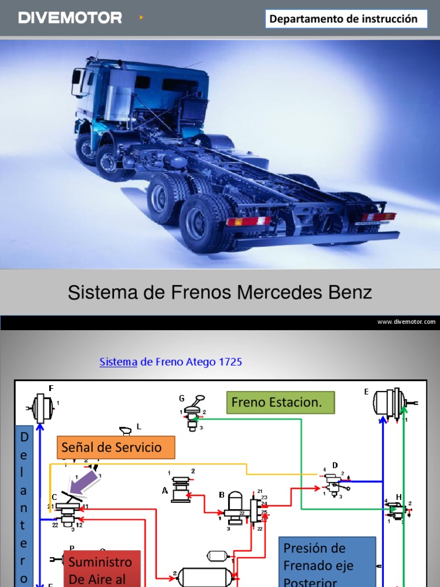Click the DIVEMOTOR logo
(70, 18)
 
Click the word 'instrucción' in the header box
(392, 19)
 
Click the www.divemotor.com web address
(406, 322)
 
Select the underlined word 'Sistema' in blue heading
(118, 362)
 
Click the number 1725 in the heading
(230, 362)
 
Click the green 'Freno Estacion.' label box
(280, 402)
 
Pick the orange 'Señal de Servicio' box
(116, 447)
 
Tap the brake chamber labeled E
(390, 403)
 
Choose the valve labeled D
(333, 482)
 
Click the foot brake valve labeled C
(68, 510)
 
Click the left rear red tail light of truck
(247, 221)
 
